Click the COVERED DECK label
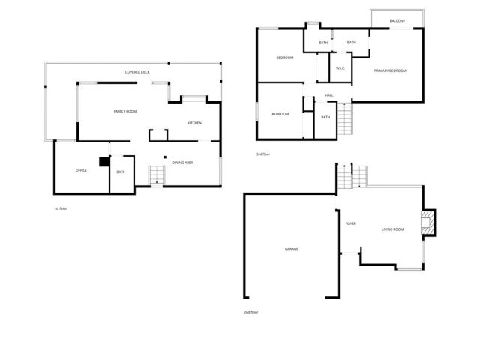coord(137,72)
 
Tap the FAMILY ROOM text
coord(124,111)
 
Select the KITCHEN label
coord(194,123)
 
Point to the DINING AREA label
coord(183,163)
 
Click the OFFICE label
coord(81,170)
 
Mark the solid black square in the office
coord(104,160)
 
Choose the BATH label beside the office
coord(121,172)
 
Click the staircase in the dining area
coord(156,175)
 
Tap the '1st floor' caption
coord(60,208)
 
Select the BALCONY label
coord(397,20)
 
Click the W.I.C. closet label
coord(340,68)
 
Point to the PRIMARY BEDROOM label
coord(390,70)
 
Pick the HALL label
coord(328,95)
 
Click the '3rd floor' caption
coord(262,154)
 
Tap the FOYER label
coord(350,223)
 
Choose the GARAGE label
coord(291,248)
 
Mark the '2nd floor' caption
coord(252,311)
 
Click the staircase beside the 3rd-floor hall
coord(344,118)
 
